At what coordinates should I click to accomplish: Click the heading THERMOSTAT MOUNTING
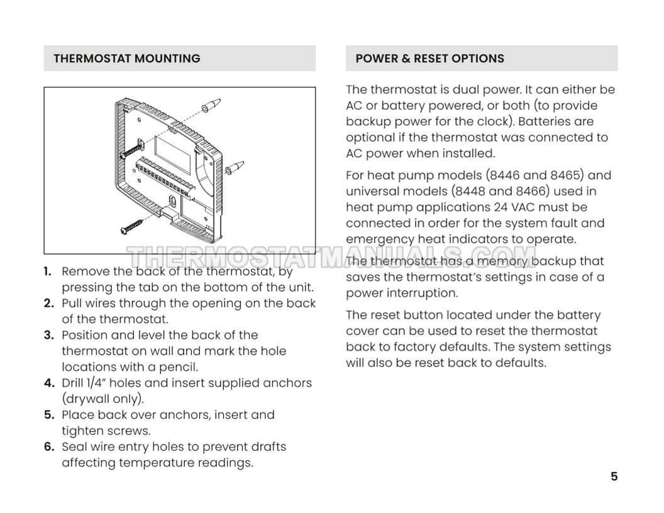tap(126, 58)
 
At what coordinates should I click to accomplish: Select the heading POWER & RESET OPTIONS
tap(429, 58)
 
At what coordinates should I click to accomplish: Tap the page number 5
tap(614, 477)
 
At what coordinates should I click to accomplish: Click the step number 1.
tap(48, 272)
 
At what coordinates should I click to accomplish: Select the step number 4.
tap(48, 383)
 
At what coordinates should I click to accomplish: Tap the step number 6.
tap(48, 447)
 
